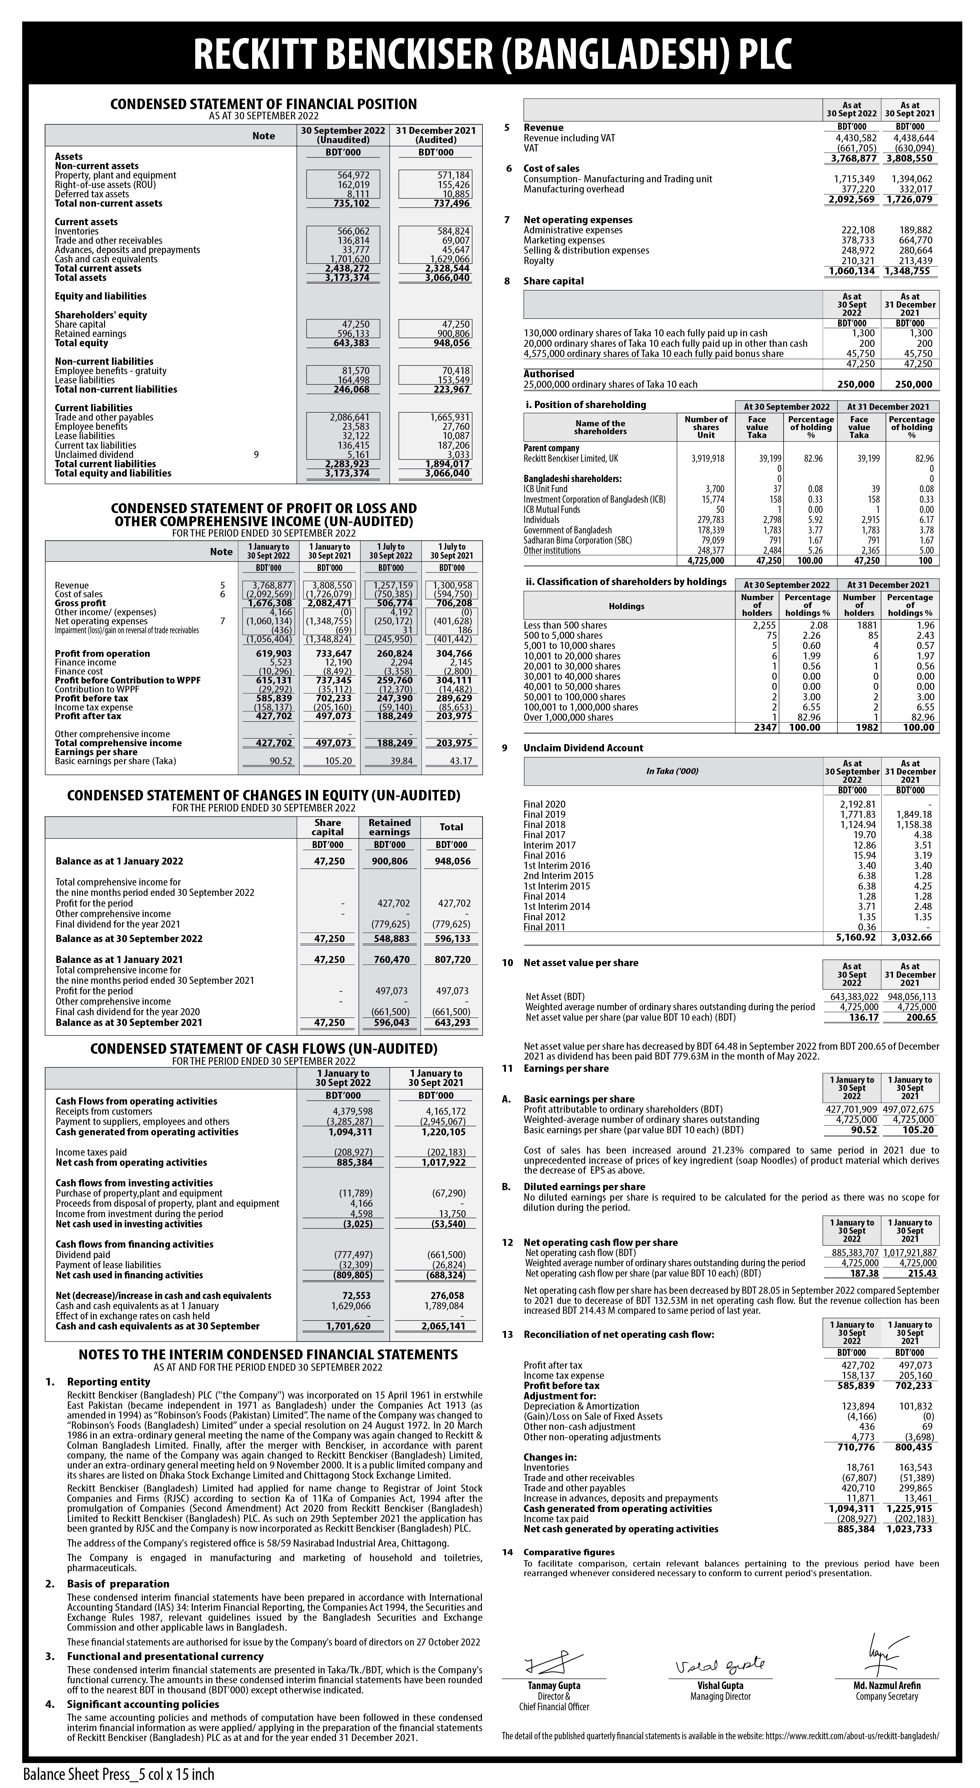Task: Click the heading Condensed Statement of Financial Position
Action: coord(264,104)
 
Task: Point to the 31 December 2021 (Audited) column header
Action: coord(436,135)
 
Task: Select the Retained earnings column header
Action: coord(389,827)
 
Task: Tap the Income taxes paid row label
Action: coord(91,1152)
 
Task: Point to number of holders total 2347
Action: coord(762,727)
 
